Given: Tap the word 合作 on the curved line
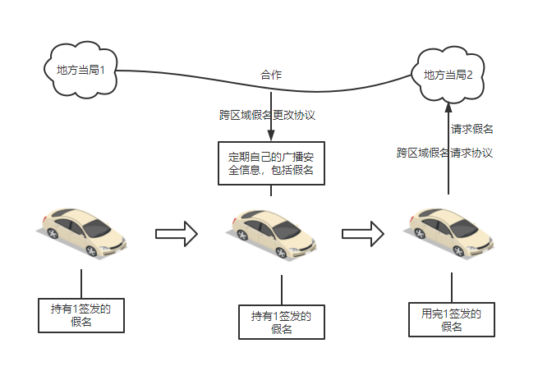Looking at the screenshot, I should [271, 75].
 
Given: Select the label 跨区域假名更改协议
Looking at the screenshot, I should [267, 115].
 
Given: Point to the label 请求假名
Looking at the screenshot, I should [471, 130].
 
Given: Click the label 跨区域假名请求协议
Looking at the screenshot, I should [444, 153].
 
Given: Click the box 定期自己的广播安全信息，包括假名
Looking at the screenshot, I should [271, 163].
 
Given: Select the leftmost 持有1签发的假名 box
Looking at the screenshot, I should [81, 315].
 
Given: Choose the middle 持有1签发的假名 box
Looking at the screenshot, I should [282, 323].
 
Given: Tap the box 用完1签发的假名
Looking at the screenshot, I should [452, 320].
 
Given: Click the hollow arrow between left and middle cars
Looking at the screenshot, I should [177, 234].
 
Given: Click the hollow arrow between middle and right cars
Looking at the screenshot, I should [363, 234].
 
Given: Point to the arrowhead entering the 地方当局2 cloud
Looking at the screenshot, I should [448, 106].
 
